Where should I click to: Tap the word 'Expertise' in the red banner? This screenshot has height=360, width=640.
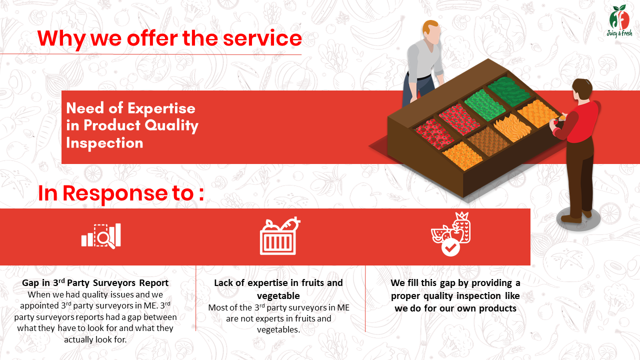coord(161,108)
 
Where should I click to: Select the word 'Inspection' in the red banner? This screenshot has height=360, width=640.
coord(104,142)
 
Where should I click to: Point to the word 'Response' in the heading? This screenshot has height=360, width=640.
coord(115,193)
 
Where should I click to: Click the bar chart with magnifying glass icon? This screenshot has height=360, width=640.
coord(101,235)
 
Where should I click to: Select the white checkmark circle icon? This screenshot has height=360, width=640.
coord(450,248)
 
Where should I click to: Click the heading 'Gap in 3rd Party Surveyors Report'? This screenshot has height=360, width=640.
coord(95,282)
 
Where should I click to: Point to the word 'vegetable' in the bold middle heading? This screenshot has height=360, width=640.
coord(278,295)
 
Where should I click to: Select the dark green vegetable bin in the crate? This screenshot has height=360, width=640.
coord(508,91)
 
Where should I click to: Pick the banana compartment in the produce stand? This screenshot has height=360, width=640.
coord(512,127)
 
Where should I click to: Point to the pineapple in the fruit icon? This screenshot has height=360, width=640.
coord(462,227)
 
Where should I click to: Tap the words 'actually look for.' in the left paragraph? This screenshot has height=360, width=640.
coord(95,339)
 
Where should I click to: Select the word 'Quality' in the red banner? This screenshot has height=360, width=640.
coord(171,126)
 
